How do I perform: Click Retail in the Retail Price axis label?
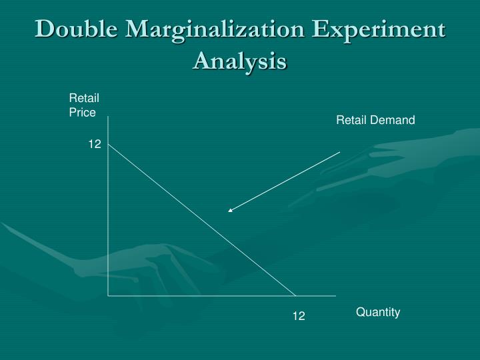click(84, 98)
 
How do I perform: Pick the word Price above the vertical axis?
click(83, 112)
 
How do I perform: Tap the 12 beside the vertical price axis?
click(95, 143)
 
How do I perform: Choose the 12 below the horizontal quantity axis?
click(298, 316)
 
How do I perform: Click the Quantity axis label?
click(378, 312)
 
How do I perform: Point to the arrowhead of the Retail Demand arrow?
click(229, 211)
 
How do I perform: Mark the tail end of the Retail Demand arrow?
click(340, 152)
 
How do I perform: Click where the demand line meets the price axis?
click(108, 143)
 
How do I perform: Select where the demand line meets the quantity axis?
click(295, 295)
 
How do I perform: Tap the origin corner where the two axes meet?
click(108, 295)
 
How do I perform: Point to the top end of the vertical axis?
click(108, 117)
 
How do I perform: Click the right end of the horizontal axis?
click(335, 295)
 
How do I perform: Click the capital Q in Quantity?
click(360, 312)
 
